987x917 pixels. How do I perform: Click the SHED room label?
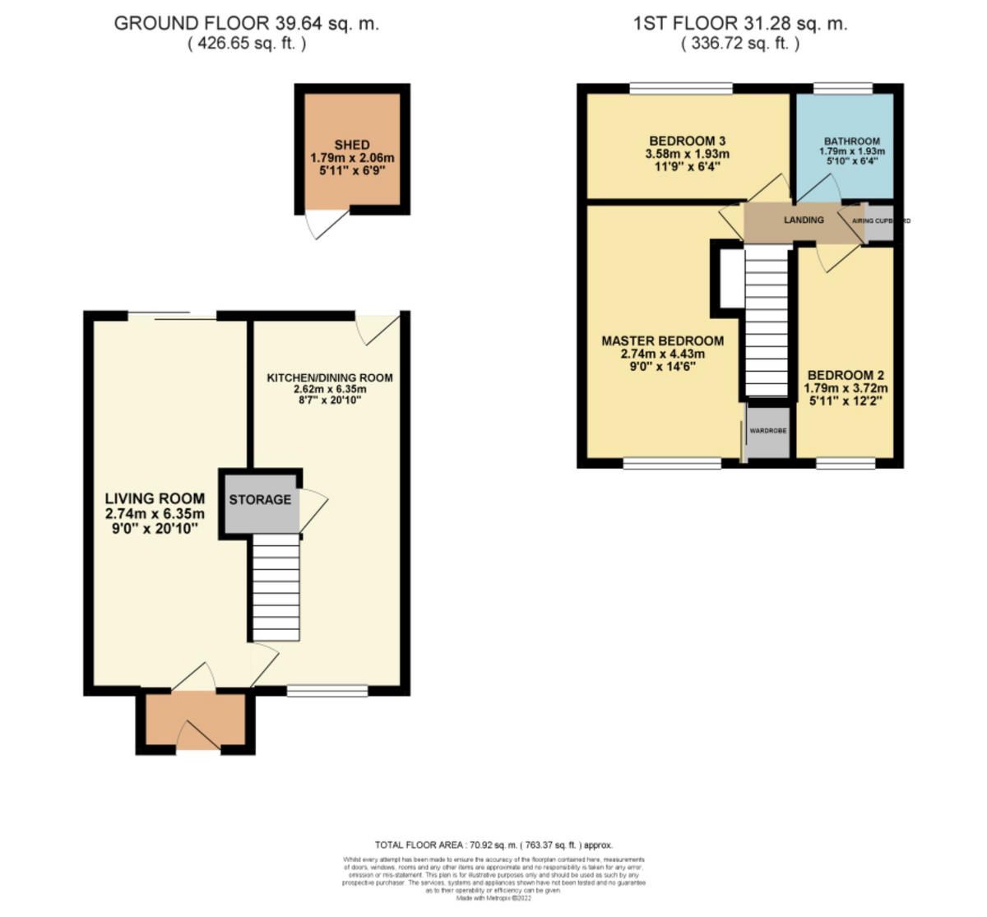point(352,145)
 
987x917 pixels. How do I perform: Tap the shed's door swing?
point(319,223)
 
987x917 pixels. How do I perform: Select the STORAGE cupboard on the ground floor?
point(260,500)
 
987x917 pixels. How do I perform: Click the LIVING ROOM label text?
point(155,498)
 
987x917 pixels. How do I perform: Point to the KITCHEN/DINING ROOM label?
point(329,378)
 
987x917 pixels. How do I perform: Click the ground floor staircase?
point(275,587)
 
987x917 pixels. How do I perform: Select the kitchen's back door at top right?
point(380,327)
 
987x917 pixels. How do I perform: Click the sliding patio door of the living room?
point(172,316)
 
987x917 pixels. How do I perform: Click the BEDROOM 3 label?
point(687,141)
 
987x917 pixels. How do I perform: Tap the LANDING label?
point(804,220)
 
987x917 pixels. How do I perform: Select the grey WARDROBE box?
point(767,431)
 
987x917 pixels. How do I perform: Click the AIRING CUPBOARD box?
point(878,222)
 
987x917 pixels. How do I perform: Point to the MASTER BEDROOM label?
point(662,340)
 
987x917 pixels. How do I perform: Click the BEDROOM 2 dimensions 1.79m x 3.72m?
point(847,388)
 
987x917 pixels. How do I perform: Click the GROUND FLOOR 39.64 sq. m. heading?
point(247,23)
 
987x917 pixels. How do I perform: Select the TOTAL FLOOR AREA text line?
point(493,845)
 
